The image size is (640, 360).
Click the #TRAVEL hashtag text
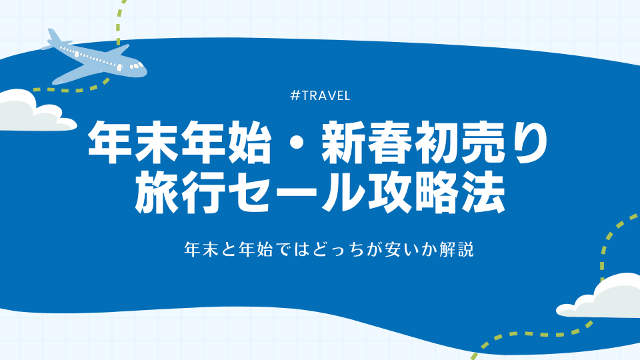(320, 95)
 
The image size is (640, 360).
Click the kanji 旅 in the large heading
(157, 192)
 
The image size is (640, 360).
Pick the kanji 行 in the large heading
(204, 192)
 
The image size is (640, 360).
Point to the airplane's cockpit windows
(137, 65)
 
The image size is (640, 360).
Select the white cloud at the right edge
(601, 296)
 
